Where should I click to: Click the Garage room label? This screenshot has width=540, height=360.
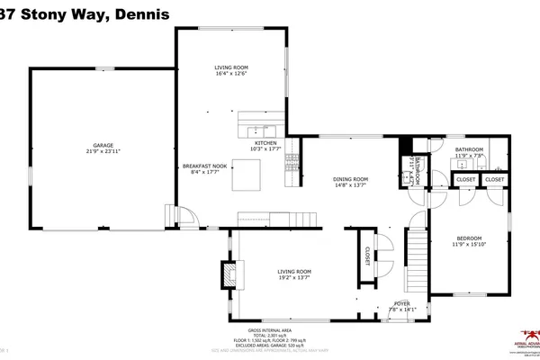tap(103, 145)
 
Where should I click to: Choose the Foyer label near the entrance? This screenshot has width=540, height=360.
tap(398, 304)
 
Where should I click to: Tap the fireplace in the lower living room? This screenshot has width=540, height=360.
tap(230, 274)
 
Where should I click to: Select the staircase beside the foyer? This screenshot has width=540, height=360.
tap(415, 255)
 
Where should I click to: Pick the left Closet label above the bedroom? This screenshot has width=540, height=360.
tap(465, 180)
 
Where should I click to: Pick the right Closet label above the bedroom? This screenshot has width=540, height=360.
tap(494, 180)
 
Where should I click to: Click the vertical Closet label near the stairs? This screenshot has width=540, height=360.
tap(367, 256)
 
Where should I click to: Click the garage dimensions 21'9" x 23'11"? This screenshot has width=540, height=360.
tap(103, 151)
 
